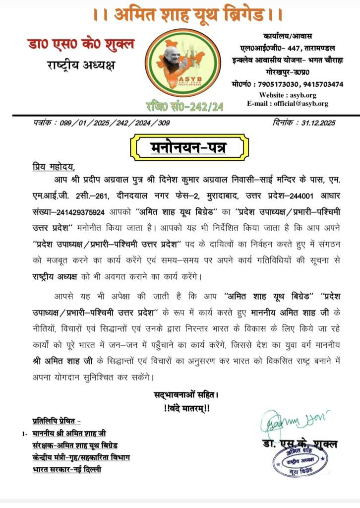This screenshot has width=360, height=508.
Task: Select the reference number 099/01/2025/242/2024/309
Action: [106, 123]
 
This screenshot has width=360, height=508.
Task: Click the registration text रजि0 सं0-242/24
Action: [180, 106]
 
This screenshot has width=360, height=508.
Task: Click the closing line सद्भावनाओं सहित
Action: [186, 396]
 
